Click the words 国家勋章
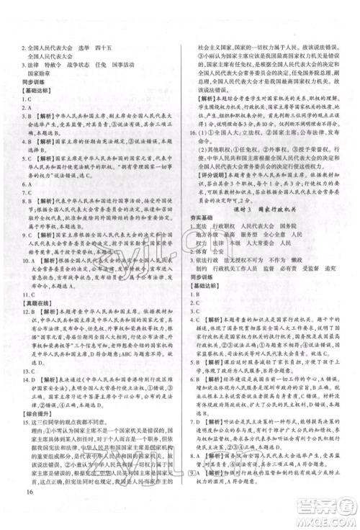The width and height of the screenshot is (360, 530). [38, 74]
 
